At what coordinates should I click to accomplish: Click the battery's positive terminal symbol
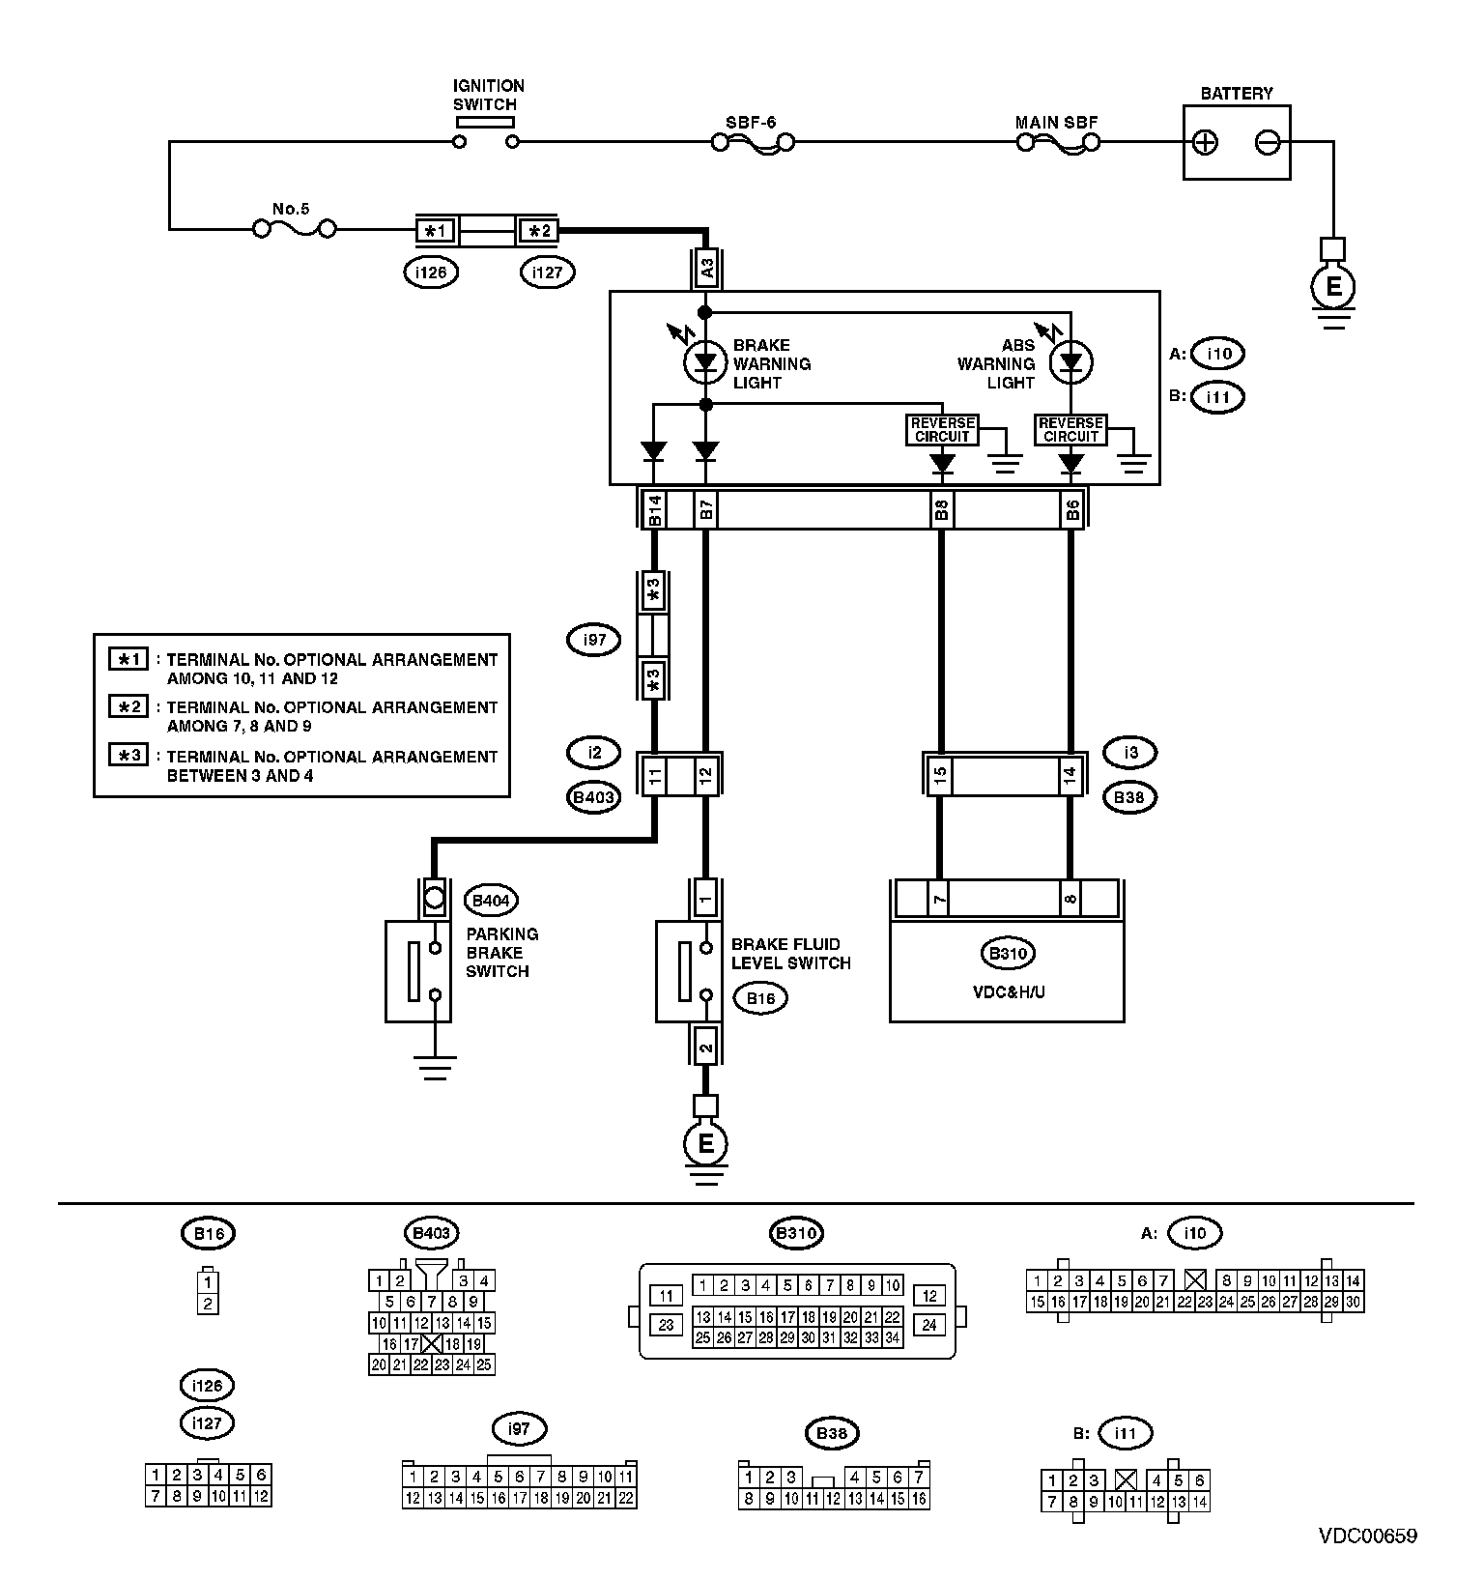(x=1205, y=143)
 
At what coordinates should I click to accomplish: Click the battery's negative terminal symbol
(x=1267, y=143)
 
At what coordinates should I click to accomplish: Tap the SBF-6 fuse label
(x=751, y=123)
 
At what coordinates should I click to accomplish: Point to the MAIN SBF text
(x=1056, y=123)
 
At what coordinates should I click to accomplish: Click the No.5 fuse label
(x=290, y=209)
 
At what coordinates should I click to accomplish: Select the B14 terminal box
(x=654, y=509)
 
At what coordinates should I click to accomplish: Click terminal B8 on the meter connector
(x=941, y=509)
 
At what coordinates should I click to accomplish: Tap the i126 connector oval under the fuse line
(x=431, y=273)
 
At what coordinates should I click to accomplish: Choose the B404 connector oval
(x=491, y=901)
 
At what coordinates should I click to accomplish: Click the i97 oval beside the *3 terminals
(x=594, y=640)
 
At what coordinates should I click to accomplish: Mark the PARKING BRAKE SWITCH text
(x=501, y=953)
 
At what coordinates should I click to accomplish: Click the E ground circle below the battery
(x=1333, y=286)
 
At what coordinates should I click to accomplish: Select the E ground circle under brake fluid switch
(x=705, y=1144)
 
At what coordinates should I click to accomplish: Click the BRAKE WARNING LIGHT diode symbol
(x=705, y=363)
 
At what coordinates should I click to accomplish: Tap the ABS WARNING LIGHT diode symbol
(x=1070, y=363)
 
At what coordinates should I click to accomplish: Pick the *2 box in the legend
(x=128, y=707)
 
